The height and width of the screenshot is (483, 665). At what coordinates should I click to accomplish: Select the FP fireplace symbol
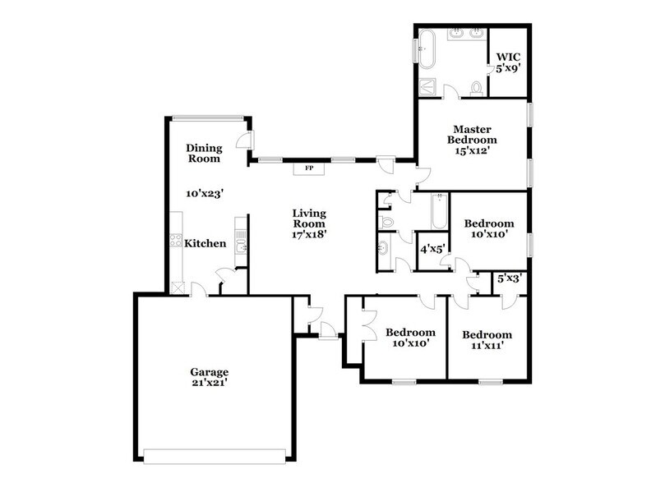(309, 168)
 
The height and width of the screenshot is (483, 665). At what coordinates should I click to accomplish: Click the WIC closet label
(505, 58)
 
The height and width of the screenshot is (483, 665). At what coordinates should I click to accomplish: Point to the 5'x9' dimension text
(505, 70)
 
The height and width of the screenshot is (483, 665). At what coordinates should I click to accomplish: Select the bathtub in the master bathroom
(427, 49)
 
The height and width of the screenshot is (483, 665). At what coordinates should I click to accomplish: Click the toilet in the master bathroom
(475, 86)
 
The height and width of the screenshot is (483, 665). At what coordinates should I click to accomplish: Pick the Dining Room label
(203, 153)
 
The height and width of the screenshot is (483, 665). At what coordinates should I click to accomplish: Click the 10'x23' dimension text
(205, 193)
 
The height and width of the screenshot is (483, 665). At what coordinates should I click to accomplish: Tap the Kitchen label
(205, 243)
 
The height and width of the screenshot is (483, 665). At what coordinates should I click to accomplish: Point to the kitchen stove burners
(174, 241)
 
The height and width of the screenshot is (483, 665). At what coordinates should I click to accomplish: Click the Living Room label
(309, 218)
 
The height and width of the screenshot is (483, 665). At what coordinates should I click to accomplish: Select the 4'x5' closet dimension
(432, 248)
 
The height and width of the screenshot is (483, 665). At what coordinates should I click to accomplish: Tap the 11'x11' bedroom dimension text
(487, 346)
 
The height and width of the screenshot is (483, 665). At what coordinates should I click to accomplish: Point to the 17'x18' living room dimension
(309, 234)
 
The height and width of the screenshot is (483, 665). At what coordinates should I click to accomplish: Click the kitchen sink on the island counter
(240, 246)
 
